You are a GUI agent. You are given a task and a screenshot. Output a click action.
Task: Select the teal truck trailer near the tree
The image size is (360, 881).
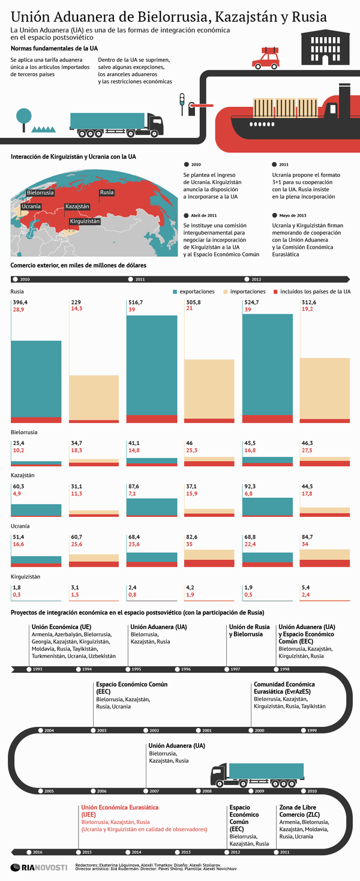pos(107,121)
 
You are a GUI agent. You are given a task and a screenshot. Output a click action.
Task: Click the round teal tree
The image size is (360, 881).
pos(24,115)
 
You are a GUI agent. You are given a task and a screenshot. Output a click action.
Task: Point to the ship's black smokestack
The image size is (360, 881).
pos(344,96)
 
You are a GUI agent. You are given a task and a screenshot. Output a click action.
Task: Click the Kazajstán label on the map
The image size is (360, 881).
pos(77,206)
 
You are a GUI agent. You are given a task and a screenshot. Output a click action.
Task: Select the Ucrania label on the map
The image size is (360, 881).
pos(31,206)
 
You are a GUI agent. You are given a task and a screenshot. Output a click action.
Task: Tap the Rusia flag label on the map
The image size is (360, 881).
pos(107,193)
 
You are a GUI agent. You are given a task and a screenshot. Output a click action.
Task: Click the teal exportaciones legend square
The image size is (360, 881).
pos(175,291)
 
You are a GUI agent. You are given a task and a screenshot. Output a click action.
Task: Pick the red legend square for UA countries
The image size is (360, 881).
pos(277,291)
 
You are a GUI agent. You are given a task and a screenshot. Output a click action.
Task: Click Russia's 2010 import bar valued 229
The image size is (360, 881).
pos(94,398)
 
